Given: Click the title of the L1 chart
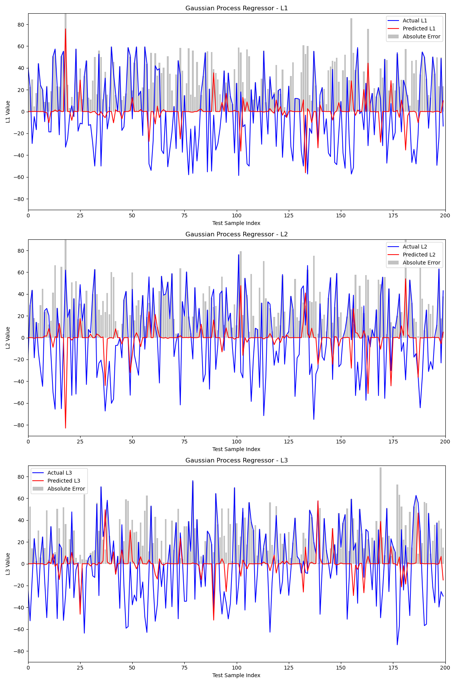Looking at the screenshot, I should tap(236, 8).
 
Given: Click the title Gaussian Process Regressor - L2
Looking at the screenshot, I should tap(236, 234).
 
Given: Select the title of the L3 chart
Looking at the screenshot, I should tap(236, 461).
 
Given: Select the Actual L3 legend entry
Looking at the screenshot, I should tap(60, 473).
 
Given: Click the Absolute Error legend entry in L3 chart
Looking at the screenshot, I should tap(66, 489).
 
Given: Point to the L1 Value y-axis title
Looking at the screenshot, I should tap(8, 112).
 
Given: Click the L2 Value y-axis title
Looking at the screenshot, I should tap(8, 338).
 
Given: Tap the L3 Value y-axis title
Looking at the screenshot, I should tap(8, 564).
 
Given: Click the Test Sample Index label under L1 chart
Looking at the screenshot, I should tap(236, 223).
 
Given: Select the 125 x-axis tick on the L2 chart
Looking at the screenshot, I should tap(289, 442).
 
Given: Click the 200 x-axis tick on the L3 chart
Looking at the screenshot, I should tap(445, 668).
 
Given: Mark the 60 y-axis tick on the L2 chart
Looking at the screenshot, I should tap(21, 272).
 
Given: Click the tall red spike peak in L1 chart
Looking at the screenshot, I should tap(65, 29).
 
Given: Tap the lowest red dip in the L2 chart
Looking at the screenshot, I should tap(65, 428).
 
